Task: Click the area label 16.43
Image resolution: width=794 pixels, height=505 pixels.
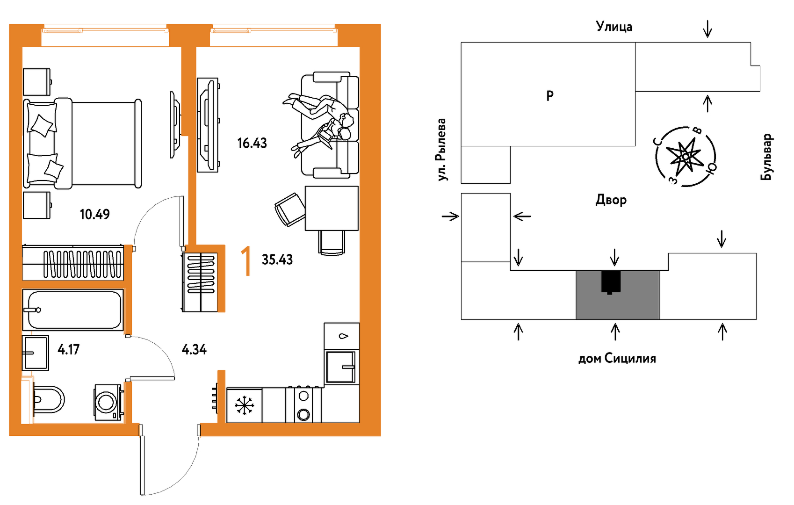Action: click(252, 143)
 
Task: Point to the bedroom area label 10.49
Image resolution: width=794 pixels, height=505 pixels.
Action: click(94, 215)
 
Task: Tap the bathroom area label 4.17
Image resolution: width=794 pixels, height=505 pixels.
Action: click(68, 349)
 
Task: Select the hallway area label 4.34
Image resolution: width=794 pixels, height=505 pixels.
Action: click(194, 349)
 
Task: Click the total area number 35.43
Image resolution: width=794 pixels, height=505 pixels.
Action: click(277, 260)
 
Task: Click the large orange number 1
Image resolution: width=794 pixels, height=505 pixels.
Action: click(245, 262)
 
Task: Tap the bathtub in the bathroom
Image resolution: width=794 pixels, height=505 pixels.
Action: click(73, 310)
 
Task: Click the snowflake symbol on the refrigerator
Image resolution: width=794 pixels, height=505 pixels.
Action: click(244, 405)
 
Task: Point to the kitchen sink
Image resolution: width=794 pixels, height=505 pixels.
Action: click(341, 367)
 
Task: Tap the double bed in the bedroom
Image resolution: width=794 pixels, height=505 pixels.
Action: click(82, 143)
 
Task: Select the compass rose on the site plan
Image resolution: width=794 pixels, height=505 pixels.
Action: click(686, 156)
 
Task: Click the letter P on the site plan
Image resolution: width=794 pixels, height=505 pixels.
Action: click(550, 96)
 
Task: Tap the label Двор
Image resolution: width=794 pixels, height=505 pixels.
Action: click(611, 200)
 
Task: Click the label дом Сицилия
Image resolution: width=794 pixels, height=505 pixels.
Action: click(617, 359)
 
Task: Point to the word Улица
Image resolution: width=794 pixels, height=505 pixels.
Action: click(614, 27)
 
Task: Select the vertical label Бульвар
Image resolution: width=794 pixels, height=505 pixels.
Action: click(766, 157)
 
